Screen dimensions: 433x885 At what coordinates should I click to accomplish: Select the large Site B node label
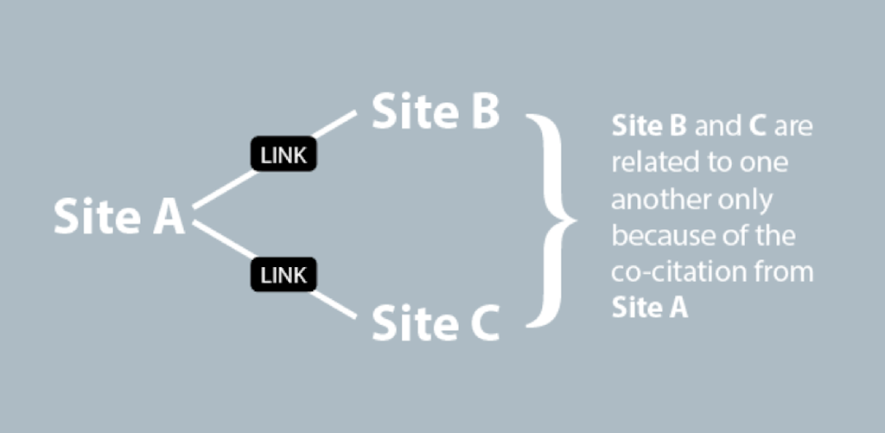coord(436,111)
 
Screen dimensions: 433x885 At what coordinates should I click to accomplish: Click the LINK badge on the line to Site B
coord(283,156)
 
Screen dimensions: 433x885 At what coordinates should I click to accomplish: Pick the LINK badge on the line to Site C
coord(283,277)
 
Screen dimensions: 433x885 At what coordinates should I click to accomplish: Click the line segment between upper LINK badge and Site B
coord(336,126)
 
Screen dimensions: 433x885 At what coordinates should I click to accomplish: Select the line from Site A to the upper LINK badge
coord(223,188)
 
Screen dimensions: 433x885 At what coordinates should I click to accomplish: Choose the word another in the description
coord(652,199)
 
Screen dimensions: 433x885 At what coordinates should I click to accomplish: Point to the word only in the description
coord(748,200)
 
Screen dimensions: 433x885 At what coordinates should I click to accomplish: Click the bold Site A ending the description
coord(649,307)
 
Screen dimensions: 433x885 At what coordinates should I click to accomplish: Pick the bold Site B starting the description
coord(649,127)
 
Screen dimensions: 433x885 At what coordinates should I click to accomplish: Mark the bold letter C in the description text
coord(757,127)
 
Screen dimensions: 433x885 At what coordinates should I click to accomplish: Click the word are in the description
coord(793,127)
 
